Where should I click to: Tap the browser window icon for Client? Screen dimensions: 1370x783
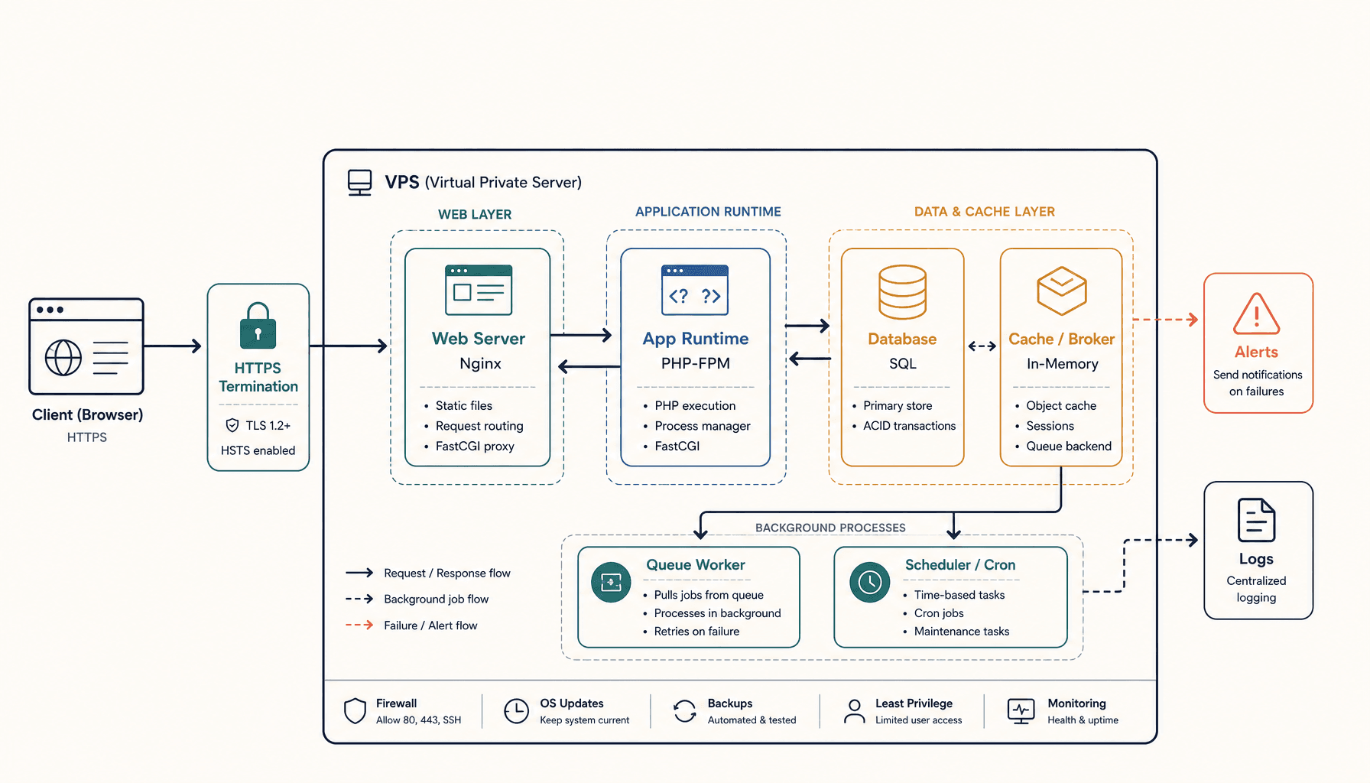(86, 346)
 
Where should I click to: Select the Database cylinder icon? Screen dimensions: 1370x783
(902, 291)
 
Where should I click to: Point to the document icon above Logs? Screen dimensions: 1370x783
(1256, 520)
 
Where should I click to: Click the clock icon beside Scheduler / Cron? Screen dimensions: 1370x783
(870, 582)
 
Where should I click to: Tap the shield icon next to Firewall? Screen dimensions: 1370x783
(355, 710)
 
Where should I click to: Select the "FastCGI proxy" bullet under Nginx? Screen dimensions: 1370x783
(475, 446)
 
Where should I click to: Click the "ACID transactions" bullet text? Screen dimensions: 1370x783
(909, 426)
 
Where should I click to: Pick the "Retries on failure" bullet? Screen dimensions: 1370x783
(696, 632)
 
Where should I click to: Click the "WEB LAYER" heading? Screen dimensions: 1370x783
(475, 215)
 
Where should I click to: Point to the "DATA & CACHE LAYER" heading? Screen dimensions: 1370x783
(985, 212)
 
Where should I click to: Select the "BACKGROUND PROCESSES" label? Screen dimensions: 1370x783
(830, 528)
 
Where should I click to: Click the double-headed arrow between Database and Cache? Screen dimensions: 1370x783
(982, 346)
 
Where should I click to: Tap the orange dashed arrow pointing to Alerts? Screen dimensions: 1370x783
(1166, 320)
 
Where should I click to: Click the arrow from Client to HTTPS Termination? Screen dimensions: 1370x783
(173, 346)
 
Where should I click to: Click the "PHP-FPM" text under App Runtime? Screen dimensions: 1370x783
(696, 363)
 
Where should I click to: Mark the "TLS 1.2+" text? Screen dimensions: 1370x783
(268, 426)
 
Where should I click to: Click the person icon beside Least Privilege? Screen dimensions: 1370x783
(854, 711)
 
